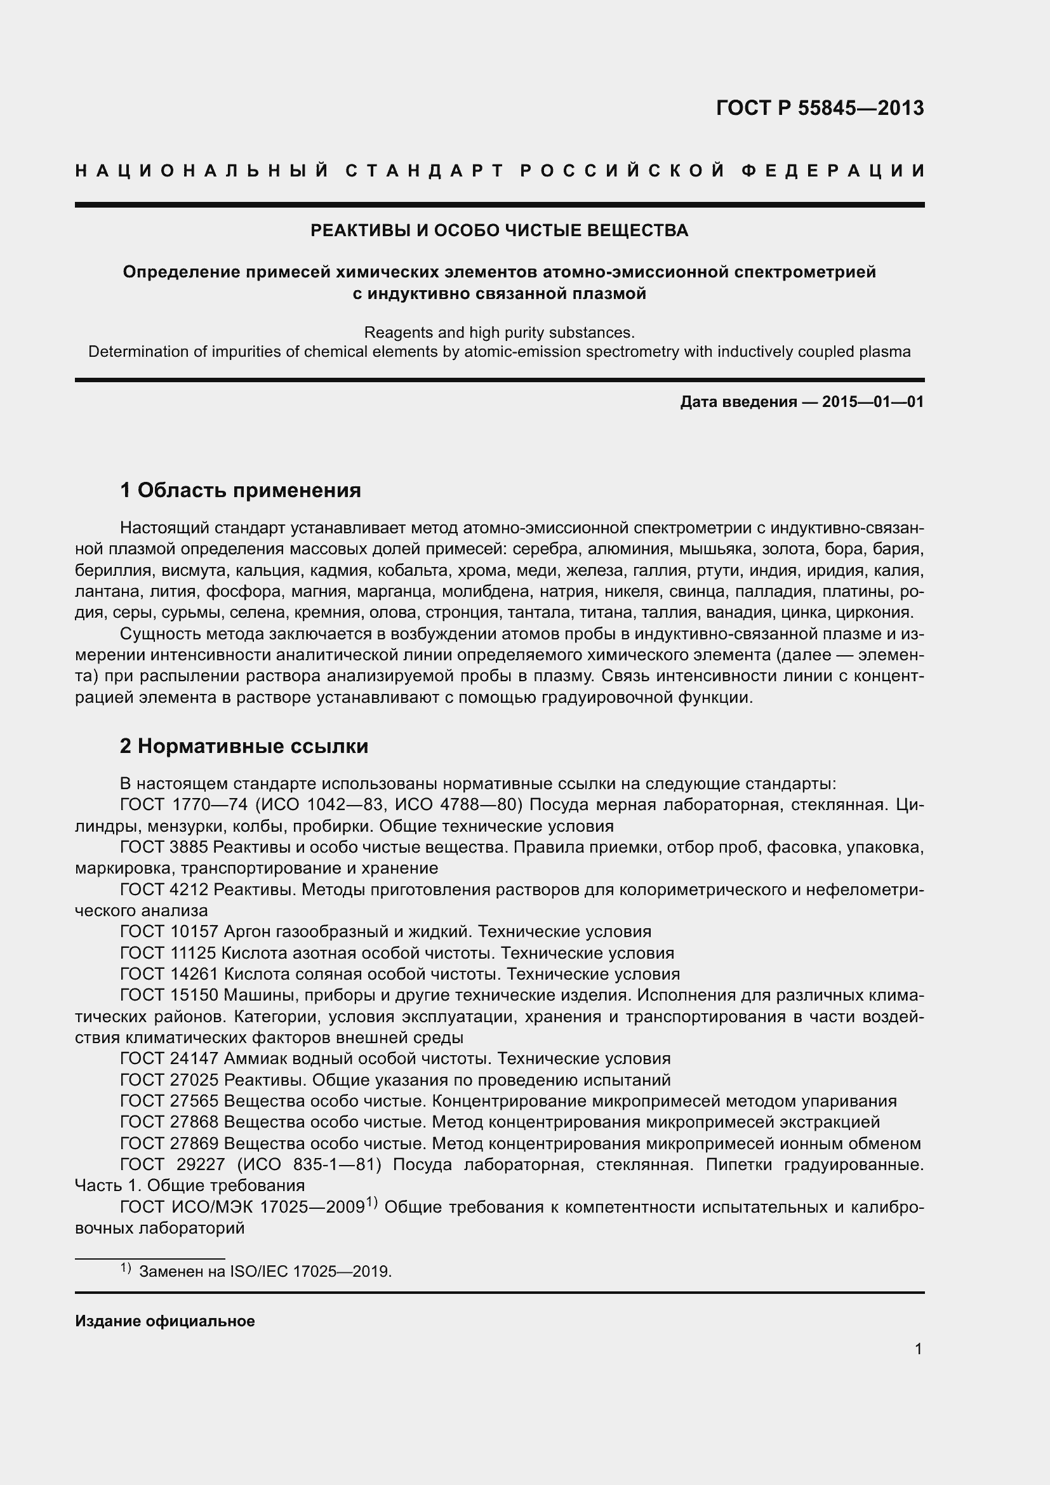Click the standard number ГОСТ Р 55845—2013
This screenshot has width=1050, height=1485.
pyautogui.click(x=819, y=108)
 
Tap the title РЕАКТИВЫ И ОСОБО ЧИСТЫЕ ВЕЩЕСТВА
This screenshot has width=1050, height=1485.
pyautogui.click(x=499, y=231)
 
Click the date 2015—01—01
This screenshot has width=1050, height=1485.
pyautogui.click(x=872, y=403)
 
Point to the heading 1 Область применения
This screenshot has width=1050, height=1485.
pyautogui.click(x=240, y=490)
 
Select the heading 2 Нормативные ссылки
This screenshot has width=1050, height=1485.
pyautogui.click(x=244, y=747)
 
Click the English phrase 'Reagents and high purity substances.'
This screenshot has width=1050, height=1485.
pyautogui.click(x=499, y=333)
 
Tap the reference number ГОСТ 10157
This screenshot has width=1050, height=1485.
pyautogui.click(x=169, y=931)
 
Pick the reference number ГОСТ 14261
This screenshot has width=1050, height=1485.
pyautogui.click(x=169, y=974)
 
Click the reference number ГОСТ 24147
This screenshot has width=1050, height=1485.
pyautogui.click(x=169, y=1059)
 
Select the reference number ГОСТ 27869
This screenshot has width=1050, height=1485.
pyautogui.click(x=169, y=1143)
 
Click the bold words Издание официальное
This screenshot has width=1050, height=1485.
pyautogui.click(x=165, y=1321)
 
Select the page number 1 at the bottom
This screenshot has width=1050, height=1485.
pyautogui.click(x=918, y=1348)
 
